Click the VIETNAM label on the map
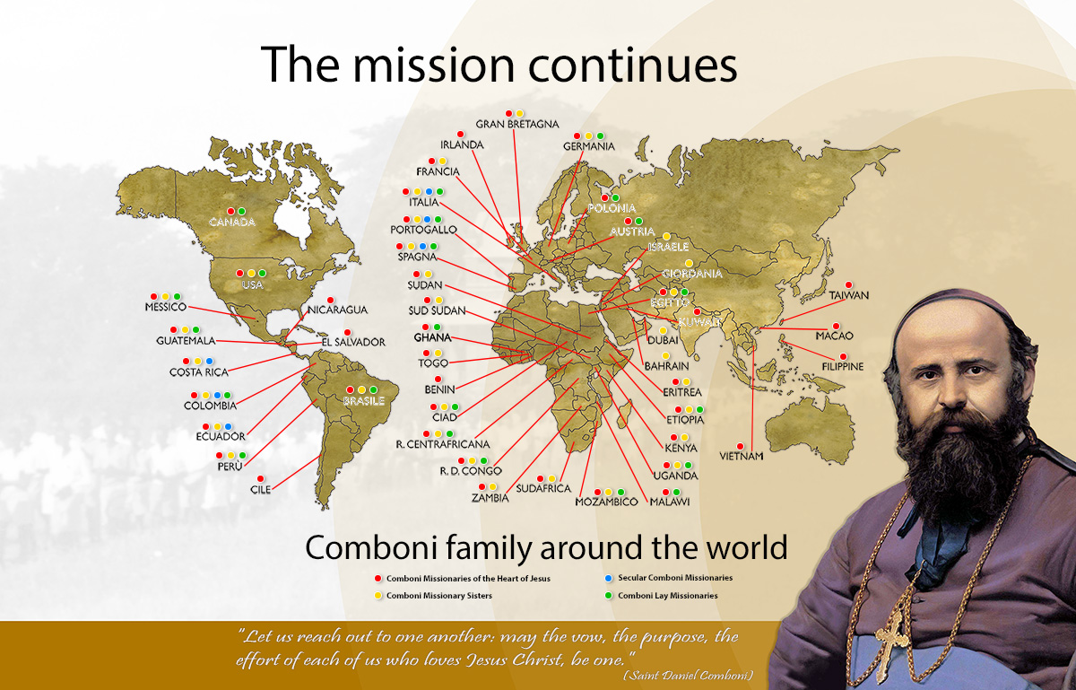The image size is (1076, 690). click(741, 457)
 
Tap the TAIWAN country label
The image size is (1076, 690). click(848, 295)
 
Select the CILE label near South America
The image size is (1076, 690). click(260, 490)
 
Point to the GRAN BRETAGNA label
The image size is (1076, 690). click(517, 124)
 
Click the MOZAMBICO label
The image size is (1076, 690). click(606, 502)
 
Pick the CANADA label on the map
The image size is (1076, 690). click(230, 222)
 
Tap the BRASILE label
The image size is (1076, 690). click(363, 401)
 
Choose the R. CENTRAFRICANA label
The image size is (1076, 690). click(443, 444)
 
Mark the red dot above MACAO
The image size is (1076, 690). click(836, 326)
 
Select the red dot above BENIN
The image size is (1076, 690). click(438, 379)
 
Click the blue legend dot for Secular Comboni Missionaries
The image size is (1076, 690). click(608, 577)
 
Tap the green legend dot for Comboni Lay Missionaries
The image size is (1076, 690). click(608, 595)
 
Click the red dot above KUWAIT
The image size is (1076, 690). click(697, 311)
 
